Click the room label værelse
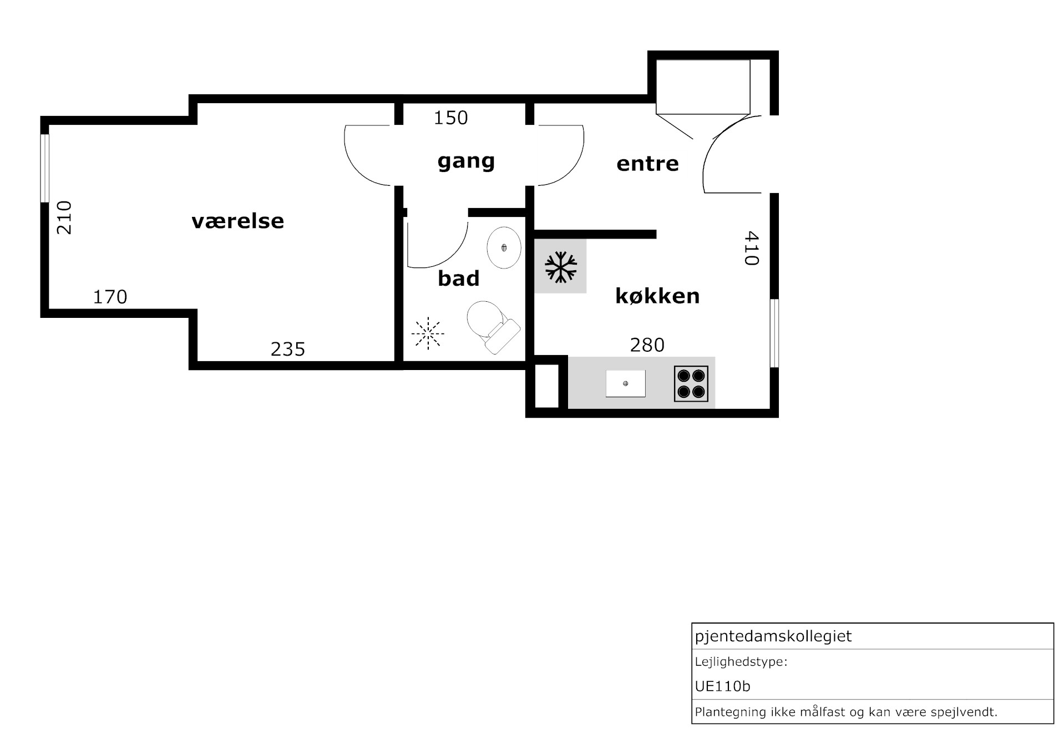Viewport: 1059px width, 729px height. point(237,221)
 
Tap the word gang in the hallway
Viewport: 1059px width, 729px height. point(466,161)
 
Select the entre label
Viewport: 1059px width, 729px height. point(647,164)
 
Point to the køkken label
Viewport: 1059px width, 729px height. point(657,296)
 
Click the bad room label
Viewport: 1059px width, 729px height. point(458,278)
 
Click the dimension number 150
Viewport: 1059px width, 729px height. point(450,118)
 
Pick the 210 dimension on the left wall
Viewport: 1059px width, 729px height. point(64,217)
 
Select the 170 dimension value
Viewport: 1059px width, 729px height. point(110,297)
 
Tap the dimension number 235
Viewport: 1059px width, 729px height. point(288,349)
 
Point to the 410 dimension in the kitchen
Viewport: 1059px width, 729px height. point(751,248)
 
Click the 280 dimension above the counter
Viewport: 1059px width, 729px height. point(647,345)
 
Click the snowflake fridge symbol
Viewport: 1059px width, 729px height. point(561,267)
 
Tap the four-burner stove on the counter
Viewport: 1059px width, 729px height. point(691,383)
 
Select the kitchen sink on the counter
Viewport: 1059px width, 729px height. point(625,383)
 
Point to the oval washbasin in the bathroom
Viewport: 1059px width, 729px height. point(504,247)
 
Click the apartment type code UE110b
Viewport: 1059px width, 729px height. point(722,686)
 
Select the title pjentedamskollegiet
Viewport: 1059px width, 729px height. point(773,636)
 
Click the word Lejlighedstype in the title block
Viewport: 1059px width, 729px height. point(739,662)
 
